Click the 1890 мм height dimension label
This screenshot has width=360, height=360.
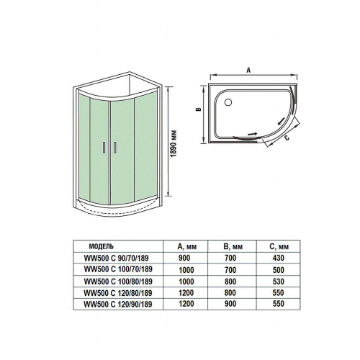tap(174, 144)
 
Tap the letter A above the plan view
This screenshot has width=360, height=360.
tap(248, 70)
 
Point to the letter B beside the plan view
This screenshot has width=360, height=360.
tap(199, 109)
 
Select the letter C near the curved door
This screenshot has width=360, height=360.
tap(287, 138)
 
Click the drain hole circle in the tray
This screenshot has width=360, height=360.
tap(228, 102)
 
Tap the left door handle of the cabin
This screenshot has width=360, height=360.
tap(104, 148)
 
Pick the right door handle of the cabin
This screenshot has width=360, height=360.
tap(115, 148)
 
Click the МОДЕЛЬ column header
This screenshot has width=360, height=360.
tap(102, 246)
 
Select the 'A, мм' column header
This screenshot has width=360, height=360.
tap(187, 247)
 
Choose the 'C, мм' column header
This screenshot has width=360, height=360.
tap(279, 247)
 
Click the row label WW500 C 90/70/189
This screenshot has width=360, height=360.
tap(116, 258)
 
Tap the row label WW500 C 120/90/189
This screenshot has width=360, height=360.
tap(118, 304)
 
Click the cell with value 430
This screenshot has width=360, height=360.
tap(279, 258)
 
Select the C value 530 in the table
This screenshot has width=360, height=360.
tap(279, 282)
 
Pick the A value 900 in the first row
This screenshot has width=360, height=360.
tap(184, 258)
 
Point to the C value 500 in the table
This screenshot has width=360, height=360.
tap(279, 270)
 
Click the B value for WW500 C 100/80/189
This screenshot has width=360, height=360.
tap(230, 282)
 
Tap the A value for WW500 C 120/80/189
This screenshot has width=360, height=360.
tap(186, 292)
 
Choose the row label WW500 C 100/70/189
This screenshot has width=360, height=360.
tap(118, 269)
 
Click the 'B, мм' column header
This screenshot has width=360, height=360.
tap(233, 247)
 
